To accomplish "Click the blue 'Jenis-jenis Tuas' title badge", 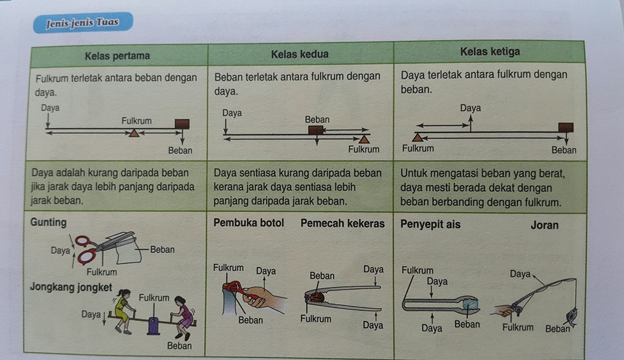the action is click(83, 23).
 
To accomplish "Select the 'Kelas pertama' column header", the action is click(118, 56).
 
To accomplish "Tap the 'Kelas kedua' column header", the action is click(300, 54).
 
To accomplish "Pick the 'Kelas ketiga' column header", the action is click(490, 52).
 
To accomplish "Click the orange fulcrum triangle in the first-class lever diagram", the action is click(134, 133).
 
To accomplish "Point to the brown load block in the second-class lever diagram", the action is click(316, 130).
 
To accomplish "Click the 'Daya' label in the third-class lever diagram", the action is click(471, 108).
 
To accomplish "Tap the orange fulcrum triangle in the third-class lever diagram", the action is click(417, 138).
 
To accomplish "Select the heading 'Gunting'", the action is click(48, 222).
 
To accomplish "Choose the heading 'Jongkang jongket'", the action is click(71, 287).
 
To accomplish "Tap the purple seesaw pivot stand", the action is click(153, 326).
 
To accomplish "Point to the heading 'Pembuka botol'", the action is click(249, 223).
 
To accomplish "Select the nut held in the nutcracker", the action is click(317, 297).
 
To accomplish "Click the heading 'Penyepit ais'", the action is click(430, 225).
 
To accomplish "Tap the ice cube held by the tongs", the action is click(471, 304).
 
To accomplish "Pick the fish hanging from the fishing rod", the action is click(571, 317).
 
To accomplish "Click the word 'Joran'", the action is click(545, 225).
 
